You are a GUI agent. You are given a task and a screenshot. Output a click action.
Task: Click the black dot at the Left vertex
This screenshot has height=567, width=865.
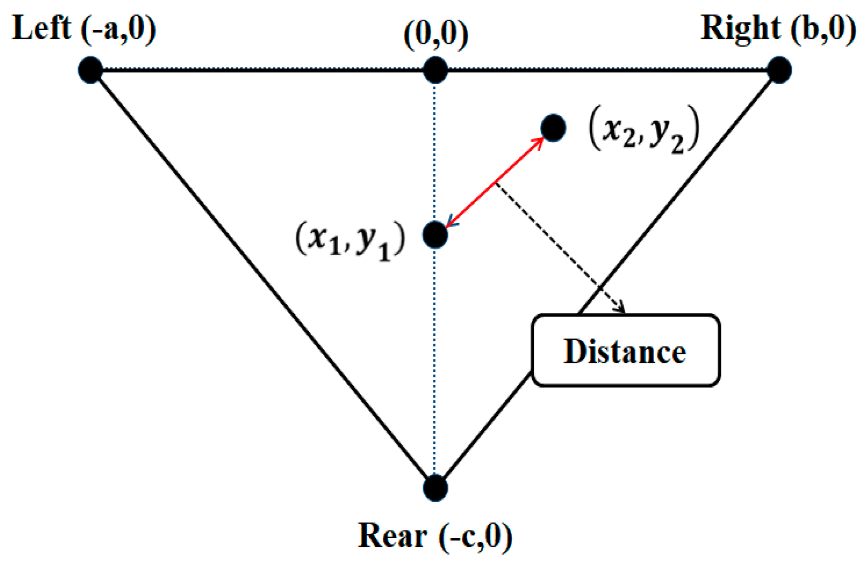(90, 70)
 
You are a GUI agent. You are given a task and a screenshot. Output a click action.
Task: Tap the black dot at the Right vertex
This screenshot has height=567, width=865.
(779, 70)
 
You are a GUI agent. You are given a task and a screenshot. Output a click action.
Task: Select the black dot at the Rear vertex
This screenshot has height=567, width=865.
(435, 488)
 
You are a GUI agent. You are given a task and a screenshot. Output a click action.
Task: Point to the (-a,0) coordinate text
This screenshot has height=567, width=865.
(119, 29)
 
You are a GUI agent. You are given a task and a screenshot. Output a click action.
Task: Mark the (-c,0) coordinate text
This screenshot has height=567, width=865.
(476, 536)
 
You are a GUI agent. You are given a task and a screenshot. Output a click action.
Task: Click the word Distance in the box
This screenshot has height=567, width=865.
(625, 351)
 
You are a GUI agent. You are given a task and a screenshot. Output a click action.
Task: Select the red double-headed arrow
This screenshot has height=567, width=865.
(494, 183)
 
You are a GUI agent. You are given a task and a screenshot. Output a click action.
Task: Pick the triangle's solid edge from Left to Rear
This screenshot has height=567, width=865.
(262, 279)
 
